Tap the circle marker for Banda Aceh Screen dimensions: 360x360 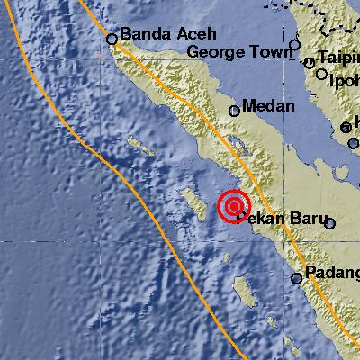point(112,39)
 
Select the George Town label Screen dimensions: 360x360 point(240,53)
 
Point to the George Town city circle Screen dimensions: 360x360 point(294,44)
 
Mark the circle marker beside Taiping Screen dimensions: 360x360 point(310,63)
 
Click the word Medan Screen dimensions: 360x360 point(269,107)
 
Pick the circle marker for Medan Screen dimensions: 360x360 point(235,111)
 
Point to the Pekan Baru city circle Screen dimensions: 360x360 point(330,224)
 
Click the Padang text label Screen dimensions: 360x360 point(331,273)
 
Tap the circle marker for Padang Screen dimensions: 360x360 point(296,278)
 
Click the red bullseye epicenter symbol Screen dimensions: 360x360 point(234,207)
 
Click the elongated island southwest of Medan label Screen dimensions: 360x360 point(139,144)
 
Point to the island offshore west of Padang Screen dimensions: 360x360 point(243,290)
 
